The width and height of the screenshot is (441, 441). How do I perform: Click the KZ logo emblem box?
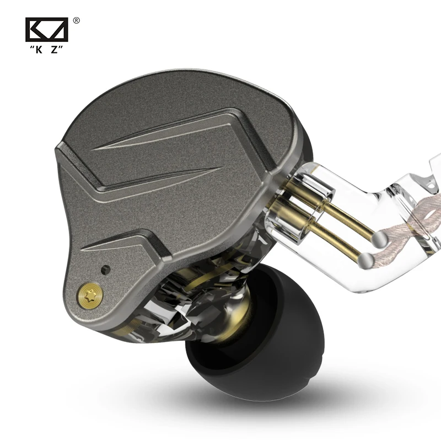[47, 30]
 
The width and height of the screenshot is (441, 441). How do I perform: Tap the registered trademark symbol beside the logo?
[76, 21]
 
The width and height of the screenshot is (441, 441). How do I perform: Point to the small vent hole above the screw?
[105, 270]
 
